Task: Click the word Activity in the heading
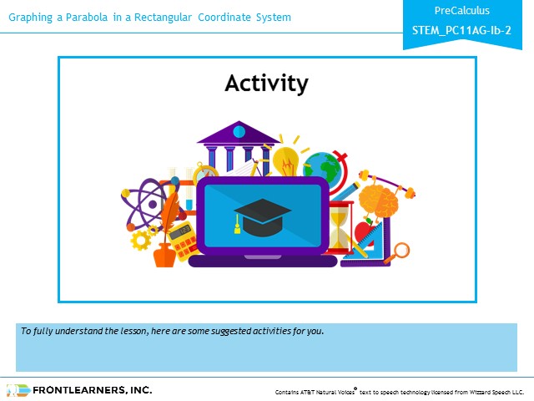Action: [266, 84]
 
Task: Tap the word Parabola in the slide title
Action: [87, 17]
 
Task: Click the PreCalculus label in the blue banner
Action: [461, 11]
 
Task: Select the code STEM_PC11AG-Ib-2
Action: [461, 30]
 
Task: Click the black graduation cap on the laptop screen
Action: [263, 217]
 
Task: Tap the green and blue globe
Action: [322, 169]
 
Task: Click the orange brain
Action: [378, 200]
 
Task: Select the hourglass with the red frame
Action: [340, 227]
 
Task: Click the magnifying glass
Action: [399, 252]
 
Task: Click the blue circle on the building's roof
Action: [239, 131]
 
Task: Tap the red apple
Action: [364, 232]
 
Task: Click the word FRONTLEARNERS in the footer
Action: [78, 390]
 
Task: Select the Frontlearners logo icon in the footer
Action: [18, 390]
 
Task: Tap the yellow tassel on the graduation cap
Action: [237, 226]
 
